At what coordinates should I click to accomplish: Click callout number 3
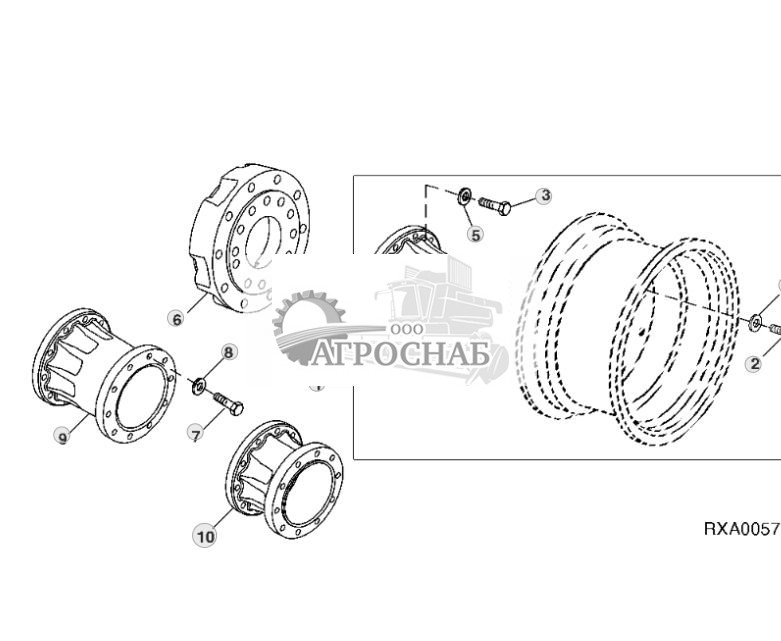[x=544, y=196]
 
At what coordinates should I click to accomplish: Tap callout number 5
[x=475, y=235]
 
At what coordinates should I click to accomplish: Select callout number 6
[x=177, y=319]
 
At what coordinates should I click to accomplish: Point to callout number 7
[x=196, y=433]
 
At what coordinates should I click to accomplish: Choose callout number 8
[x=229, y=352]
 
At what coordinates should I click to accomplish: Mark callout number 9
[x=62, y=437]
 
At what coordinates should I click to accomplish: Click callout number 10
[x=205, y=536]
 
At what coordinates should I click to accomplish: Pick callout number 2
[x=754, y=364]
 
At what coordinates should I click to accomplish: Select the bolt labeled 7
[x=228, y=404]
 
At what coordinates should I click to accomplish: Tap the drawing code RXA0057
[x=741, y=528]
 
